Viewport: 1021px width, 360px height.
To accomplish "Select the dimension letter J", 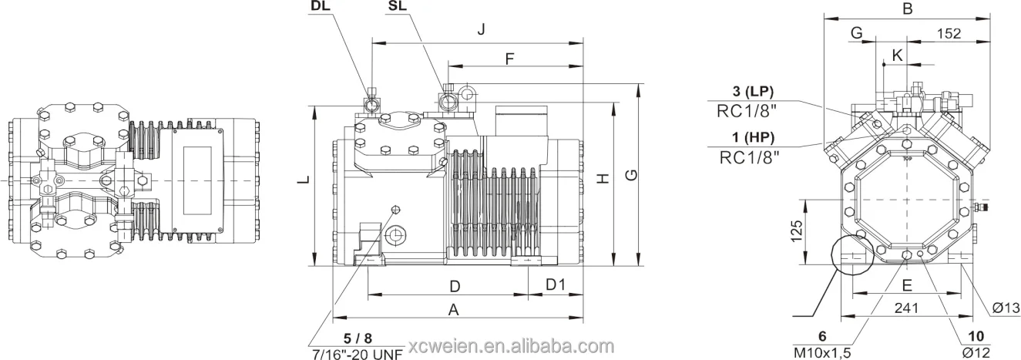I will tap(481, 30).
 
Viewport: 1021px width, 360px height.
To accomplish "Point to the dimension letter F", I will tap(509, 59).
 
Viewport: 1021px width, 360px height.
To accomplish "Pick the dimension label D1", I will tap(556, 285).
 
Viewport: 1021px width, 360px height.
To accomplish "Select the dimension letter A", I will tap(454, 310).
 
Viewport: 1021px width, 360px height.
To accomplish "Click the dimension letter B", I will tap(908, 9).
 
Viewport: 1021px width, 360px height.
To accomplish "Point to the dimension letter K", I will tap(896, 55).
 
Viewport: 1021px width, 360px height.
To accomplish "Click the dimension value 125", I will tap(798, 229).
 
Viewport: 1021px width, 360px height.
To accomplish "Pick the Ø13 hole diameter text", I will tap(1006, 309).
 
